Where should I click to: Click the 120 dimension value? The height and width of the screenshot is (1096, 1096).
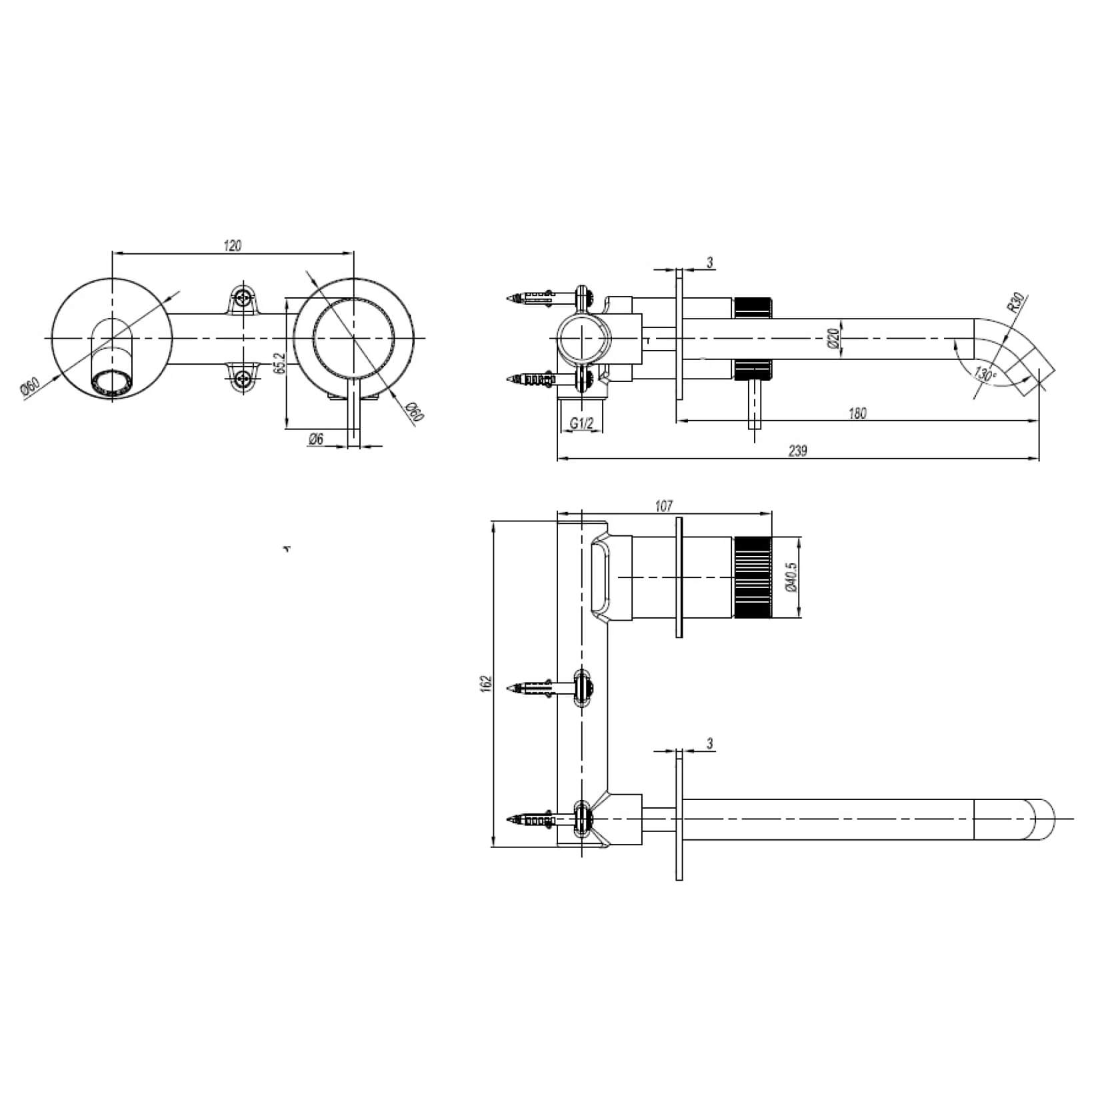pyautogui.click(x=232, y=245)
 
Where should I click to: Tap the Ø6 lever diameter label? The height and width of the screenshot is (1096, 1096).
pyautogui.click(x=316, y=439)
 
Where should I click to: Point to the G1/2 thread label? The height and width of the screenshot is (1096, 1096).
pyautogui.click(x=581, y=423)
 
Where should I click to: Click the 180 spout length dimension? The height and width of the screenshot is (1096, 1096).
pyautogui.click(x=858, y=413)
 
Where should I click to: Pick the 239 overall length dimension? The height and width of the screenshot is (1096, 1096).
pyautogui.click(x=797, y=451)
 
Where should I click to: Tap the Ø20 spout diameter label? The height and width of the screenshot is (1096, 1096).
pyautogui.click(x=832, y=340)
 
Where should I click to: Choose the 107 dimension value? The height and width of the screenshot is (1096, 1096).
pyautogui.click(x=664, y=506)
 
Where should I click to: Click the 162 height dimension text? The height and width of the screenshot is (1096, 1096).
pyautogui.click(x=485, y=683)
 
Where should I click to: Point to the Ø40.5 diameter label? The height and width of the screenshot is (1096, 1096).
pyautogui.click(x=791, y=577)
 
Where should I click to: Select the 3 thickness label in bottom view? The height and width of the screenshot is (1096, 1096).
pyautogui.click(x=710, y=743)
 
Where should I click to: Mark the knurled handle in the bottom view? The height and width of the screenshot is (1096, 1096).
pyautogui.click(x=753, y=577)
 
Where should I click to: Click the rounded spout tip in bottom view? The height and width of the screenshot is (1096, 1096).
pyautogui.click(x=1045, y=818)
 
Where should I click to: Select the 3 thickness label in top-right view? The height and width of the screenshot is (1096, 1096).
pyautogui.click(x=710, y=263)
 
